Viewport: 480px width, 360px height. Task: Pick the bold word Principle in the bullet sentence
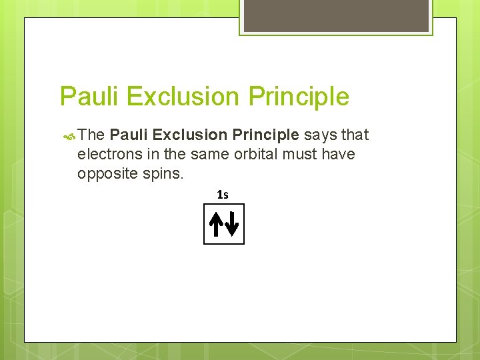point(265,135)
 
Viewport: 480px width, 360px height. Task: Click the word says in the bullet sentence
point(320,135)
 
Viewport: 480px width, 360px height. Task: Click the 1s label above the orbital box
point(223,195)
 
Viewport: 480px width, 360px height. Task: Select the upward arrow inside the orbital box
point(216,225)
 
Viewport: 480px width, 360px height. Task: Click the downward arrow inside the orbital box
point(231,225)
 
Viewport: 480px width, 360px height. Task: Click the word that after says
point(355,135)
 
